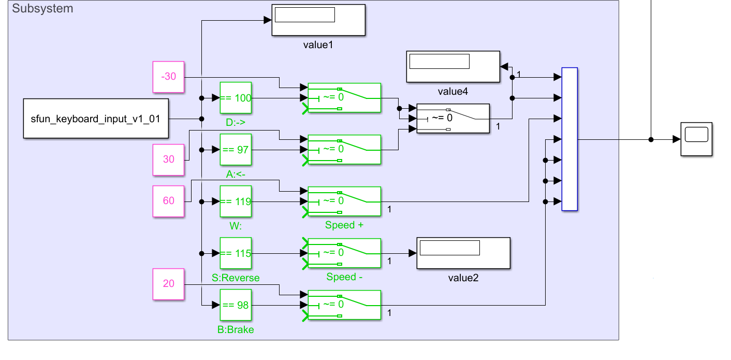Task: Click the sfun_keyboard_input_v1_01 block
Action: tap(96, 119)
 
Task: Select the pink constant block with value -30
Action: tap(169, 77)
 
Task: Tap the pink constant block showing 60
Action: tap(169, 201)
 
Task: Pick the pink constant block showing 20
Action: tap(169, 284)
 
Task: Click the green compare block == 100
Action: tap(236, 98)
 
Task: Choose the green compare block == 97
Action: tap(236, 150)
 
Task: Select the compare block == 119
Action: tap(236, 201)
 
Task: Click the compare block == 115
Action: tap(236, 253)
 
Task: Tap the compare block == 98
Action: tap(236, 305)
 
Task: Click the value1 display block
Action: tap(318, 20)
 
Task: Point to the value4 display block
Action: tap(453, 67)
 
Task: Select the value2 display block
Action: tap(463, 253)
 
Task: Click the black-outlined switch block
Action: tap(453, 119)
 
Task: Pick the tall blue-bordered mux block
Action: tap(569, 139)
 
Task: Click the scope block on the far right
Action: tap(696, 139)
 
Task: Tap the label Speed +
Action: tap(340, 225)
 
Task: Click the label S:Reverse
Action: tap(236, 278)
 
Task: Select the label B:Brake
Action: tap(236, 329)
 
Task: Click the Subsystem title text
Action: tap(42, 8)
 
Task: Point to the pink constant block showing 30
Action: tap(169, 160)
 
